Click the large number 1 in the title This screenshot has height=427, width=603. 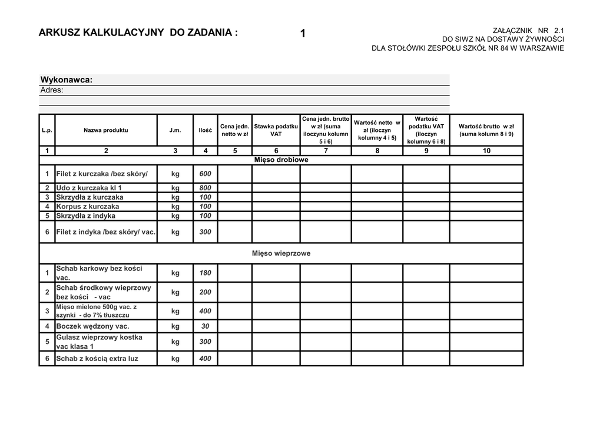coord(303,34)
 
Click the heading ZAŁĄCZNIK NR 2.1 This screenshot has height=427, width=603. coord(528,30)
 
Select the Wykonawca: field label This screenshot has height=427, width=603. coord(66,80)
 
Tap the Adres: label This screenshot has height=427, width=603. coord(52,90)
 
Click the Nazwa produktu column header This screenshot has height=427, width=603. coord(105,130)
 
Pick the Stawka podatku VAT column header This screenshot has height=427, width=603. coord(276,130)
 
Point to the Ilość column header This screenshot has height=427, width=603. coord(205,130)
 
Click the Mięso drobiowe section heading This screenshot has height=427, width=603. coord(281,160)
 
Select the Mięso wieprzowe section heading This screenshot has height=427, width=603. coord(281,253)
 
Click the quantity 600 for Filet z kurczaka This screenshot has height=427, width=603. coord(205,174)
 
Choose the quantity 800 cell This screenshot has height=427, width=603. coord(205,188)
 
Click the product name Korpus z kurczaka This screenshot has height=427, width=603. coord(87,207)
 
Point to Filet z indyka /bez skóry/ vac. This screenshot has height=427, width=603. coord(105,232)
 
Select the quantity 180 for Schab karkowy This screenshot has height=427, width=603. coord(205,273)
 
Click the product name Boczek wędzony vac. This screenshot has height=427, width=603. coord(92,326)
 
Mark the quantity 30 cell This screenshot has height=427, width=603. coord(205,326)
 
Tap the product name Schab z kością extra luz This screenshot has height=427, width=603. coord(97,359)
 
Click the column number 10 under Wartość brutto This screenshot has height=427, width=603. coord(486,151)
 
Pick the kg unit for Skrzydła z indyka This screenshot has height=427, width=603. coord(175,216)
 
